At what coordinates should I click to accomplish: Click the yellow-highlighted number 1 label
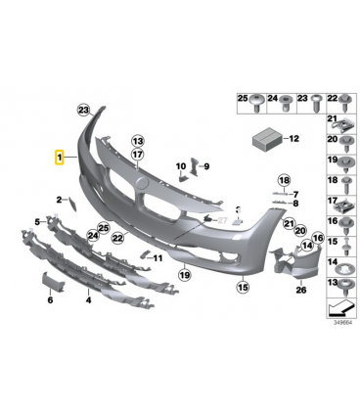coord(60,158)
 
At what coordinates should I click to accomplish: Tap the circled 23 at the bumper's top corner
coord(84,110)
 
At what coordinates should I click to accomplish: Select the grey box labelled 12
coord(267,139)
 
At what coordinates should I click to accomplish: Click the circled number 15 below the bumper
coord(244,287)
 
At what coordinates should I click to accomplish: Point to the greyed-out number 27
coord(222,220)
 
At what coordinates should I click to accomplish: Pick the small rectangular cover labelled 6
coord(53,281)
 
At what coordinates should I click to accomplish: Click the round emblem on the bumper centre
coord(142,183)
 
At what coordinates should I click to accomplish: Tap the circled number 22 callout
coord(117,239)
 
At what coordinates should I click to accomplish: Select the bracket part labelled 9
coord(195,166)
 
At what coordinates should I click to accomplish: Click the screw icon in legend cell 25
coord(257,103)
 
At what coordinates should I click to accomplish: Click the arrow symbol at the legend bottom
coord(340,308)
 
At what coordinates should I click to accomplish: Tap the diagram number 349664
coord(342,323)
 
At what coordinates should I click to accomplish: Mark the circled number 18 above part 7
coord(284,180)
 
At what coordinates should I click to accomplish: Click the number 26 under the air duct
coord(301,290)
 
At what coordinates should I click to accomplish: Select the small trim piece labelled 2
coord(72,205)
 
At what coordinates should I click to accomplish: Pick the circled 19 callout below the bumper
coord(185,275)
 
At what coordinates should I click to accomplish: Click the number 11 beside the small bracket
coord(157,258)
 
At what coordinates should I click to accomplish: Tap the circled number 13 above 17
coord(138,141)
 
